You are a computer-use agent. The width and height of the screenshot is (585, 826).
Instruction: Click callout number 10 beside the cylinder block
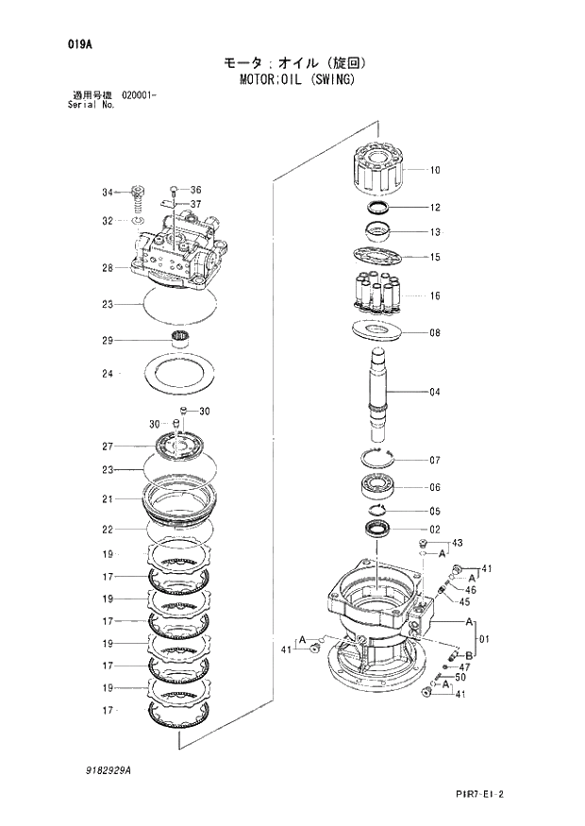(x=435, y=171)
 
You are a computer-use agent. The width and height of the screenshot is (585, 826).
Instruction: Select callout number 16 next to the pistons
(x=435, y=295)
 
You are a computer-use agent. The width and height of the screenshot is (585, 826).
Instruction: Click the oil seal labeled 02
(x=376, y=530)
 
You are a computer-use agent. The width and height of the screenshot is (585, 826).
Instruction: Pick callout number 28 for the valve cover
(x=108, y=268)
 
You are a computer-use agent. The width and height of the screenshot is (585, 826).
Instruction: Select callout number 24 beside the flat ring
(x=108, y=374)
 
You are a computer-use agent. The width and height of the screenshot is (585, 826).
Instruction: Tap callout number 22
(x=108, y=529)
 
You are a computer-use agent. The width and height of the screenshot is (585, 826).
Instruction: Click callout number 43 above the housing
(x=457, y=543)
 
